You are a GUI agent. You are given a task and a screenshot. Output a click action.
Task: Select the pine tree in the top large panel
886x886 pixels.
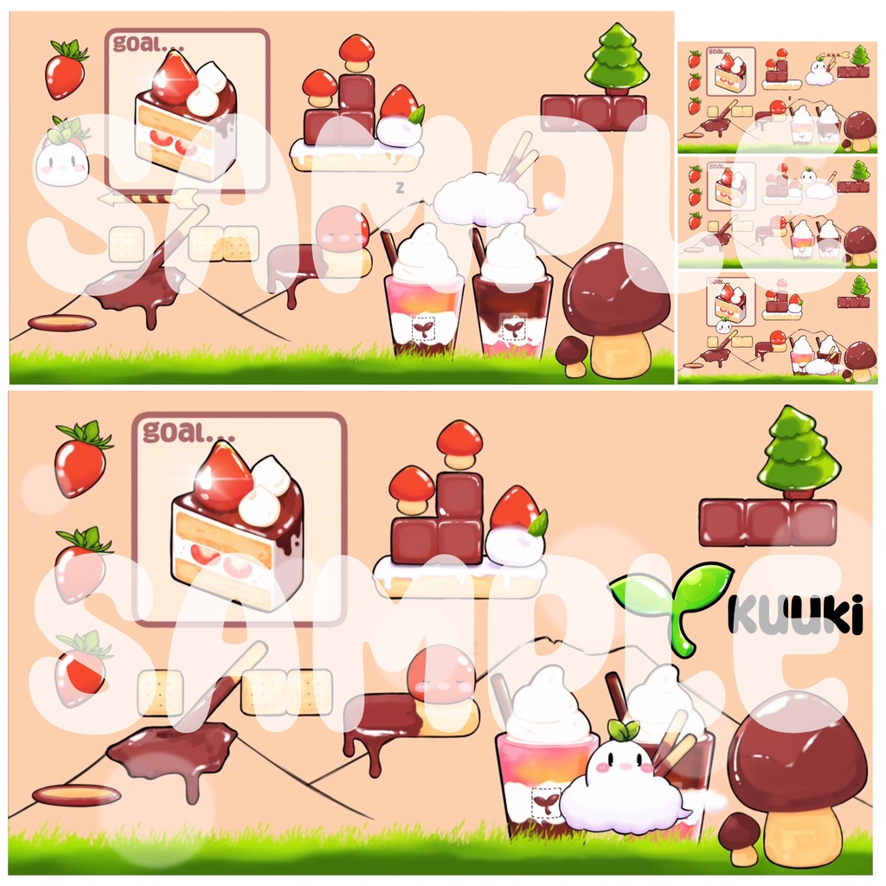[616, 57]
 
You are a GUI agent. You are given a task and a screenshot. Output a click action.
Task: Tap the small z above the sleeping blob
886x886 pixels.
[400, 186]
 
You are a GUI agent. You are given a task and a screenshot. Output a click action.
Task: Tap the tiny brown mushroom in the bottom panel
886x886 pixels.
[740, 836]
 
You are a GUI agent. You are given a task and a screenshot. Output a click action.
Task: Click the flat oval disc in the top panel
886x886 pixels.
[61, 323]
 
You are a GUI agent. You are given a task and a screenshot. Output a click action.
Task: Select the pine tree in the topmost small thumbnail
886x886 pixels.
[860, 56]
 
